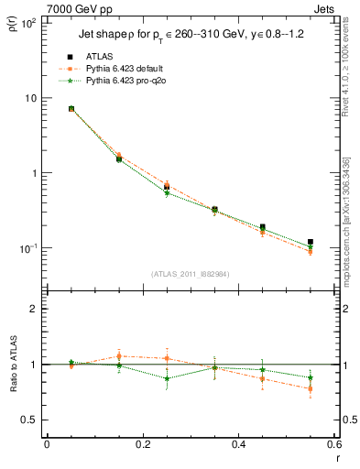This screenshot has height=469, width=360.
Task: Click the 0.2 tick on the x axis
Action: pyautogui.click(x=142, y=444)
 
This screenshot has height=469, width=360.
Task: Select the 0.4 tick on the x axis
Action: pyautogui.click(x=238, y=444)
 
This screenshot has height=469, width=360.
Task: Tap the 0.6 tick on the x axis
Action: pyautogui.click(x=333, y=444)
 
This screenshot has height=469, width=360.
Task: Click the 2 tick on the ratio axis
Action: pyautogui.click(x=35, y=309)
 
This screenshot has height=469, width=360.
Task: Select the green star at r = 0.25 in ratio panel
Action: pyautogui.click(x=167, y=378)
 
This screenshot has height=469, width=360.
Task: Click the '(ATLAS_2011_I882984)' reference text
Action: pyautogui.click(x=191, y=273)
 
